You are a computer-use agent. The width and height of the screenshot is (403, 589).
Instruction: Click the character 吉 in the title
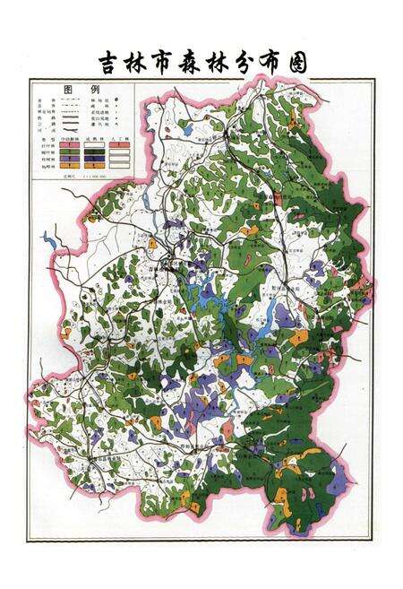(112, 63)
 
